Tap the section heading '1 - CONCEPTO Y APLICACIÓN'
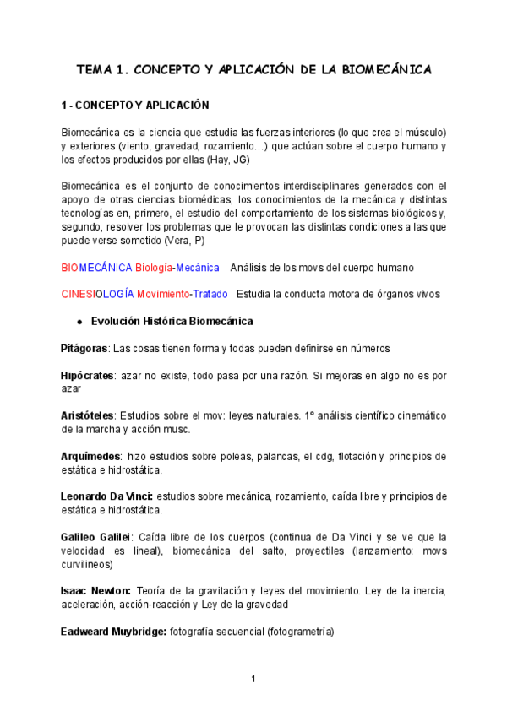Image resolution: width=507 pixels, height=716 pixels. click(x=134, y=106)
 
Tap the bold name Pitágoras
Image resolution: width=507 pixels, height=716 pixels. click(x=84, y=349)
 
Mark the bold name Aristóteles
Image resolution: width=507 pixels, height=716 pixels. click(x=88, y=416)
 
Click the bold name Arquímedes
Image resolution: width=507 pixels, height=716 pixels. click(x=90, y=457)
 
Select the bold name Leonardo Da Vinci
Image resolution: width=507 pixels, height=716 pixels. click(x=106, y=496)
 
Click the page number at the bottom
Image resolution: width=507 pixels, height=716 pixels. click(x=253, y=679)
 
